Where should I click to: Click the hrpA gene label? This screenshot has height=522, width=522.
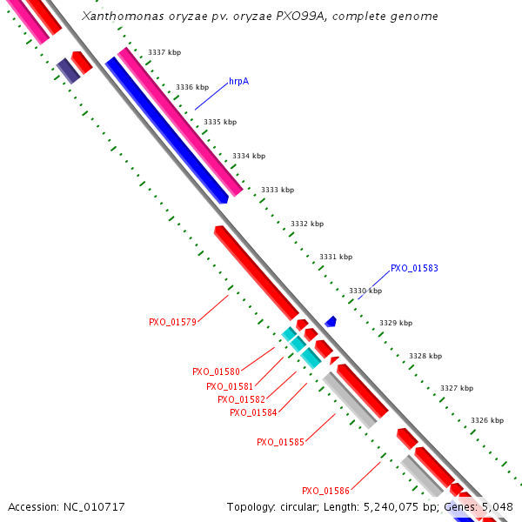click(x=238, y=81)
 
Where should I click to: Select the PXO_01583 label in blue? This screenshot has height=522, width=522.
click(x=413, y=268)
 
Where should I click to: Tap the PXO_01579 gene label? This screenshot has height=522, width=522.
click(x=172, y=322)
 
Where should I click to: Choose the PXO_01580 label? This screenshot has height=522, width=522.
click(x=216, y=371)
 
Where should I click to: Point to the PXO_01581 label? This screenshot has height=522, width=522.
click(x=230, y=386)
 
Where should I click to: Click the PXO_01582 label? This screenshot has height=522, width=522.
click(x=241, y=399)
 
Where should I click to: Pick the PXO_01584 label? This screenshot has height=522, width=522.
click(x=253, y=412)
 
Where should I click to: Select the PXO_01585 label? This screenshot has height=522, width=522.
click(x=280, y=442)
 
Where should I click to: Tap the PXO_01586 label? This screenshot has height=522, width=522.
click(x=325, y=491)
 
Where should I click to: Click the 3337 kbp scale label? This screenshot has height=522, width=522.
click(x=164, y=53)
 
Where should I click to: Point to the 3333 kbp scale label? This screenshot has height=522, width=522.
click(x=278, y=190)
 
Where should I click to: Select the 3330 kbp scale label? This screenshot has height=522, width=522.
click(x=365, y=291)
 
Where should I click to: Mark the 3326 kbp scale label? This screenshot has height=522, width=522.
click(x=486, y=420)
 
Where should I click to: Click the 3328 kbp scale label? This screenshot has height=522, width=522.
click(x=425, y=355)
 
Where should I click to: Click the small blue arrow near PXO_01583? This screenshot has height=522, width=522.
click(x=331, y=322)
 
